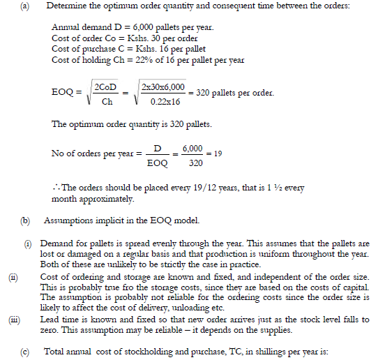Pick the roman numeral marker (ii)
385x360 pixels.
click(x=12, y=276)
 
